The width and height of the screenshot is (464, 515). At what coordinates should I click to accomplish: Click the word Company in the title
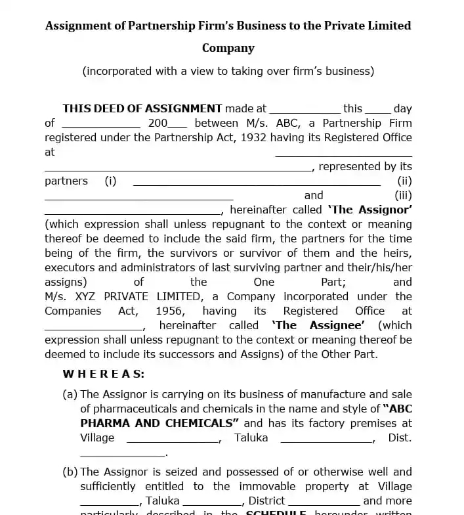coord(228,48)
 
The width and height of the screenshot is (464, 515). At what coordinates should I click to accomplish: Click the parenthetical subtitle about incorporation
coord(228,71)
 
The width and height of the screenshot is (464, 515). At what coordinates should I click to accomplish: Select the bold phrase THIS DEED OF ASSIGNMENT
coord(142,108)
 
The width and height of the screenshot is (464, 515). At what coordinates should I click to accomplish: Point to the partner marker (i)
coord(110,181)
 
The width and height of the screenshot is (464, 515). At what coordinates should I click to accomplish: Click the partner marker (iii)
coord(403,195)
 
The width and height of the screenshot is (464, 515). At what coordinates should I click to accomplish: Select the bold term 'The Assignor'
coord(370,210)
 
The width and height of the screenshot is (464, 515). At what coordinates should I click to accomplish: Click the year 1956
coord(169,311)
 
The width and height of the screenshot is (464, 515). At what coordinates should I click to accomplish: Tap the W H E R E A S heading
coord(104,374)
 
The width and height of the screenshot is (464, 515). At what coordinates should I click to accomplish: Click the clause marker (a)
coord(70,394)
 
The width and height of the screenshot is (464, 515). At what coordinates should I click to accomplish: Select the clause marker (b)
coord(70,472)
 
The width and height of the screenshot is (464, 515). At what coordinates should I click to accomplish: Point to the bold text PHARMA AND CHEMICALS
coord(159,423)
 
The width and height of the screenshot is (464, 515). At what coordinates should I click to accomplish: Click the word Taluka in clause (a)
coord(251,437)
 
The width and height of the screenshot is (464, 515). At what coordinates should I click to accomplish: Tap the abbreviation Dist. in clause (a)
coord(400,437)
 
